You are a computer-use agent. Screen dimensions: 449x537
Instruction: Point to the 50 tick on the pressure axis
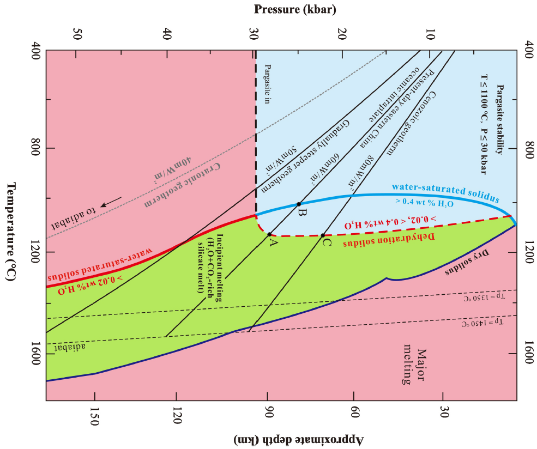(x=77, y=34)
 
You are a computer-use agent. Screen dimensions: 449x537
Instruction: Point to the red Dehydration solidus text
(x=395, y=240)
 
